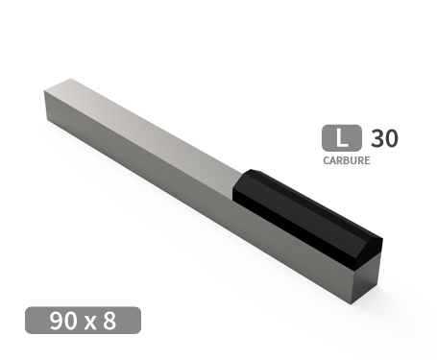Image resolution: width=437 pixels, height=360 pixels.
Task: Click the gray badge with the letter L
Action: click(342, 137)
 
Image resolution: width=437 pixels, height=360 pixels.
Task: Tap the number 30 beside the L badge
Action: click(384, 137)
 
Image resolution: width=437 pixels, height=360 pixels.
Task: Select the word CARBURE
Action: click(347, 160)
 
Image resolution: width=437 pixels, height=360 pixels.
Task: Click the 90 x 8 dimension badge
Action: click(84, 320)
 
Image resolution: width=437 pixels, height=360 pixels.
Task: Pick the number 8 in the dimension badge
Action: click(109, 321)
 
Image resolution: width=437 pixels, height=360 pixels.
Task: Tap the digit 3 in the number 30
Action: click(377, 137)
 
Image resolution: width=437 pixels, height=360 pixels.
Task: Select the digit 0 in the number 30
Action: click(391, 137)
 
